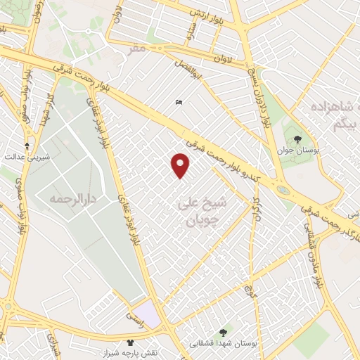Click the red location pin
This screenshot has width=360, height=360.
tap(181, 165)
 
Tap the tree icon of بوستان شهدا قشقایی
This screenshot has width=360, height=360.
tap(223, 332)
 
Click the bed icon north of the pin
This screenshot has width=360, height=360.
tap(179, 103)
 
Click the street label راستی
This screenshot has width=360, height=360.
tap(133, 317)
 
